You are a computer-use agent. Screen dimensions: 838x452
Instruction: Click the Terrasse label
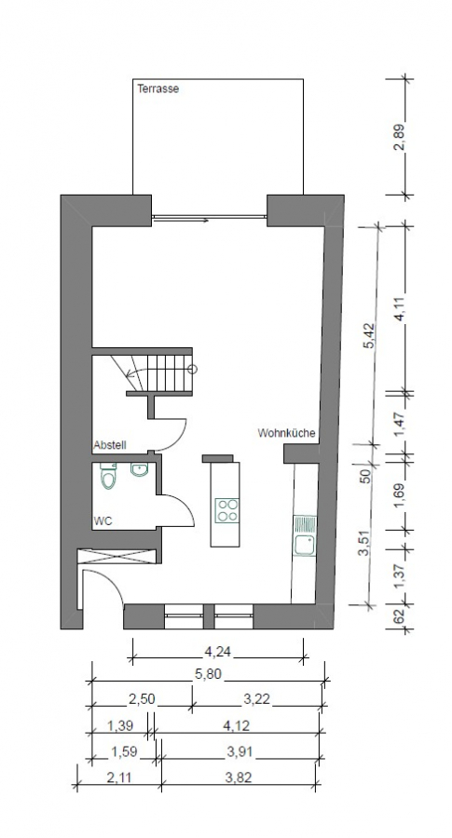[158, 89]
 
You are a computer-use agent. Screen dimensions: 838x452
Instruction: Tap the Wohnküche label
[286, 433]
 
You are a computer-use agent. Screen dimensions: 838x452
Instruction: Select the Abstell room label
[109, 445]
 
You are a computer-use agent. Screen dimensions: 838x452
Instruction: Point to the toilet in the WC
[108, 478]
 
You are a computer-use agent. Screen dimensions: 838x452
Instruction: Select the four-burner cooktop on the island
[226, 508]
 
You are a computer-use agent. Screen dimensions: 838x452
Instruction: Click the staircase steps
[168, 373]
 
